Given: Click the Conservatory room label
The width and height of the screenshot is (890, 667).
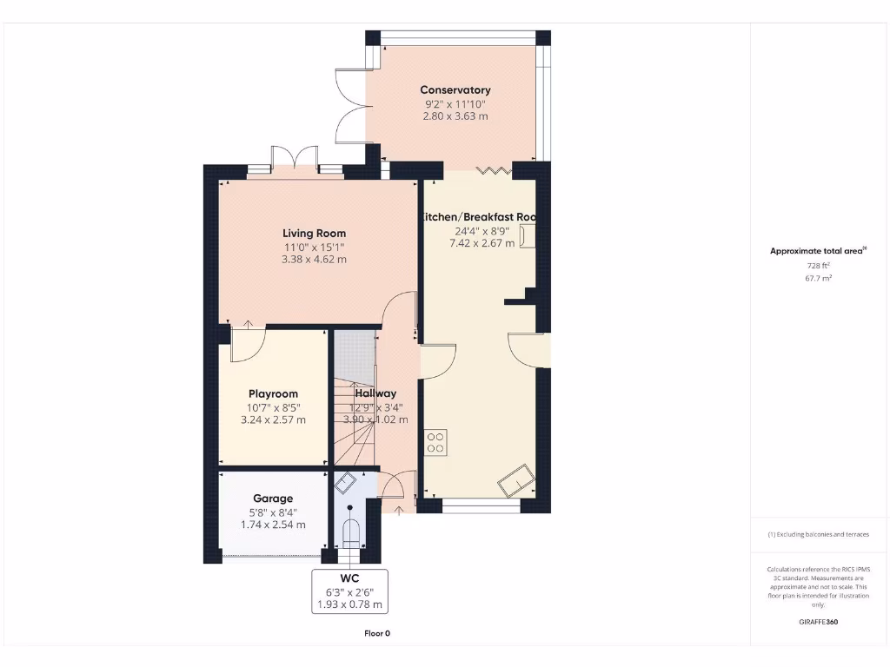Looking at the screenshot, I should (455, 90).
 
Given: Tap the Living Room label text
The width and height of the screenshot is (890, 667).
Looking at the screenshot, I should (314, 234).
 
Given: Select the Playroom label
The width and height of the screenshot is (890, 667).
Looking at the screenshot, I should (273, 394).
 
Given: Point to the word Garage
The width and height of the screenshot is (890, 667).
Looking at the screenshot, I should (273, 499).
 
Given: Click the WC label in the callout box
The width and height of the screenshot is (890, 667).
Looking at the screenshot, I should (350, 578).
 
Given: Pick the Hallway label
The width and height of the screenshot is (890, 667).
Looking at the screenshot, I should (375, 394).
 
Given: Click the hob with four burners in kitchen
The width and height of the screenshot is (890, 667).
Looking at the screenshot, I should (435, 443).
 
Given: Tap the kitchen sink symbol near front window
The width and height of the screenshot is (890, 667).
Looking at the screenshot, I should (516, 478).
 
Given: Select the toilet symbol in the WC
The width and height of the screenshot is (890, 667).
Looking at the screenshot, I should (350, 532).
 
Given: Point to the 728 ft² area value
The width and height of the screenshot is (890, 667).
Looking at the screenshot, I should (819, 265).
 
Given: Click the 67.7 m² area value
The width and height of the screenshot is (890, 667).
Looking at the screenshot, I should (819, 278).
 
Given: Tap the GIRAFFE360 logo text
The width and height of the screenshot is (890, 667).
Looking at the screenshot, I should (819, 622).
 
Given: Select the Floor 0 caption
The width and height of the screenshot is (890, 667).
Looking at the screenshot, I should (377, 633).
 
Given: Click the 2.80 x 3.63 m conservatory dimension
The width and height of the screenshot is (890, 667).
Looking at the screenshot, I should (455, 116).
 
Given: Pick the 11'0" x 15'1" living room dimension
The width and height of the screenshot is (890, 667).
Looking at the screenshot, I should (314, 247).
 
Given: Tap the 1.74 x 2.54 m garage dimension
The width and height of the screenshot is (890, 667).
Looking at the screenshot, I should (273, 525).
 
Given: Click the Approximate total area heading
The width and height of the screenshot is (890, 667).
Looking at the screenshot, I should (817, 251).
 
